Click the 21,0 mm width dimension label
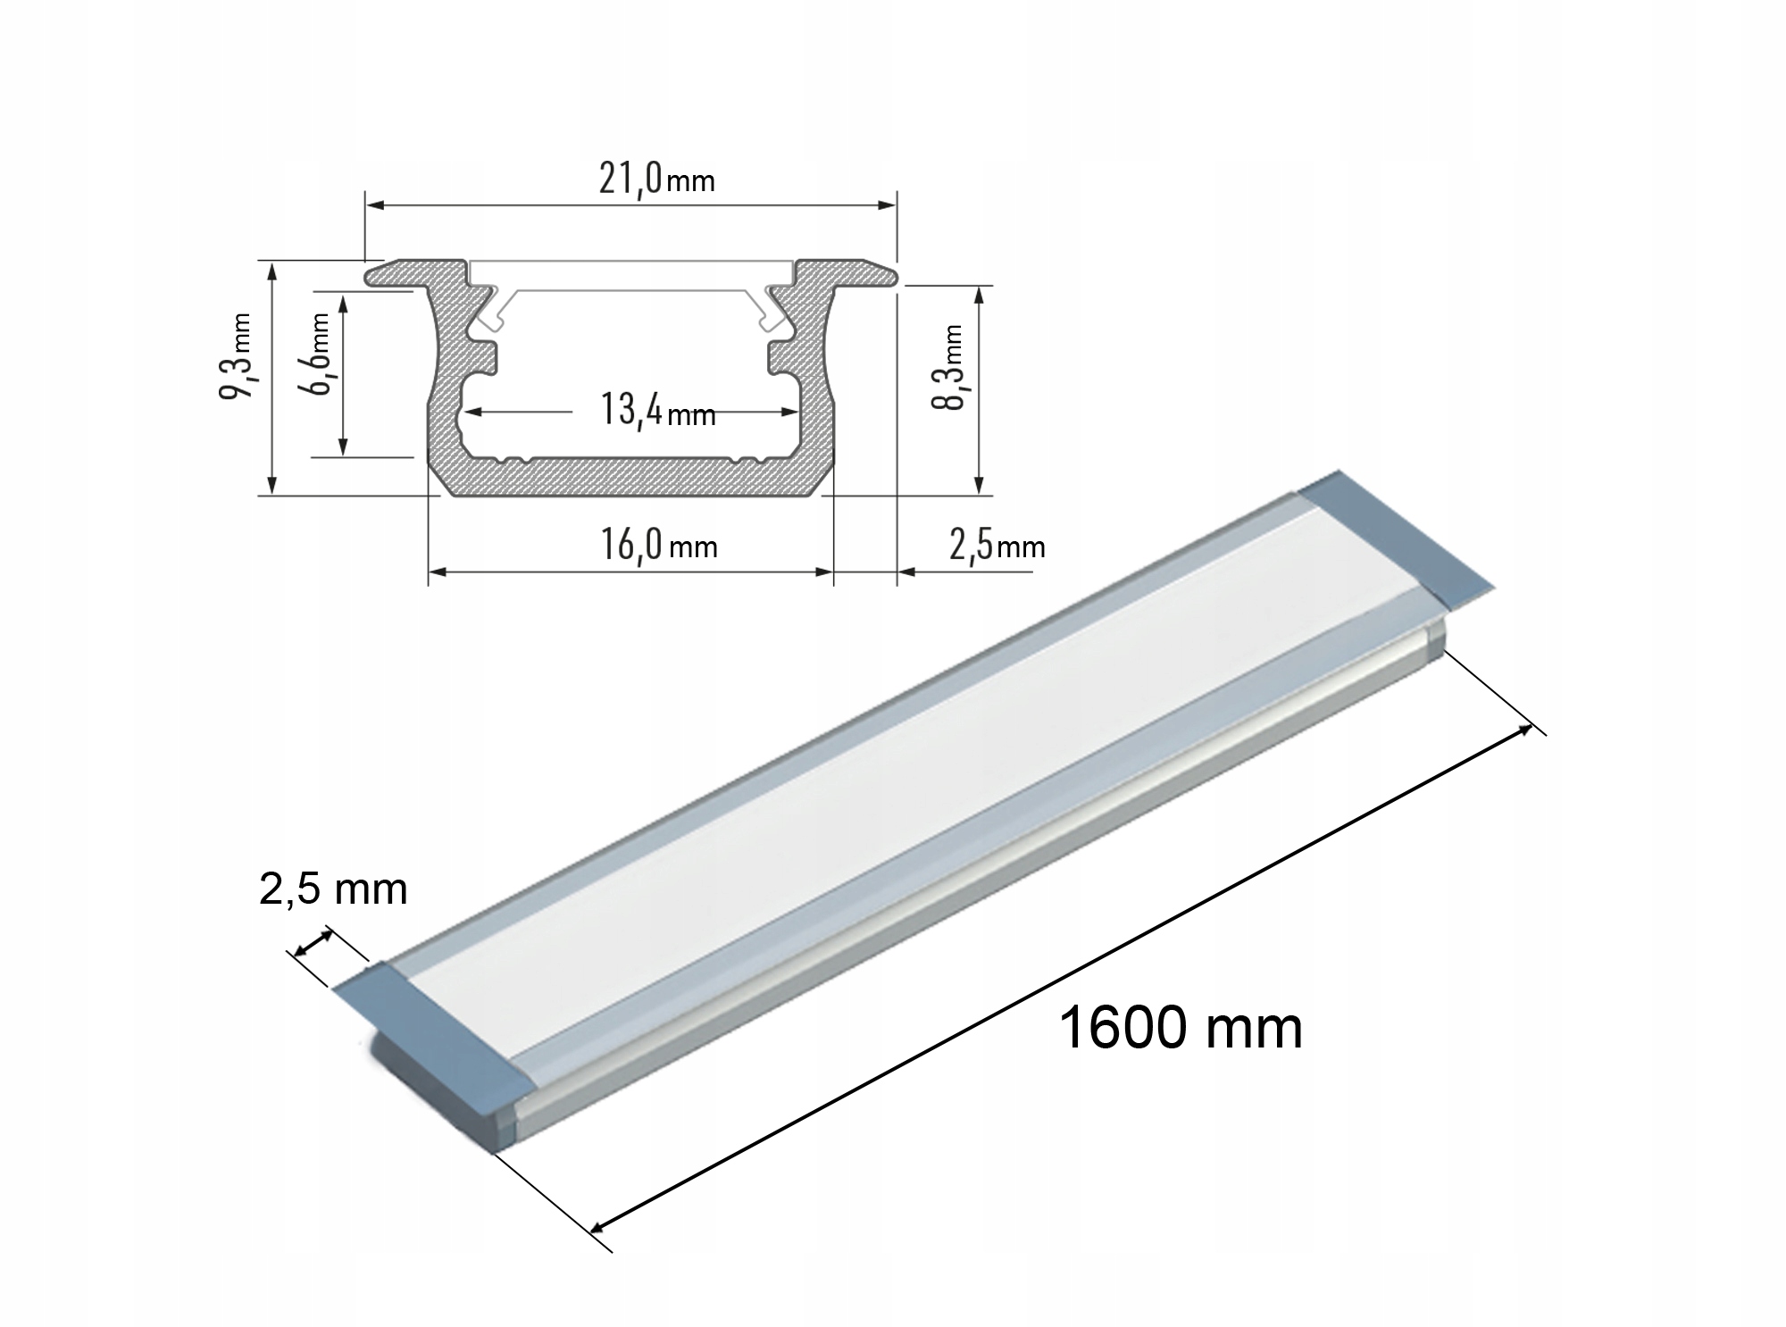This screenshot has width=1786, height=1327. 656,179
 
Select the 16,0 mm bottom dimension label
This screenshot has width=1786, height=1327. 658,545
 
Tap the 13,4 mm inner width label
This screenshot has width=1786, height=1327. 657,412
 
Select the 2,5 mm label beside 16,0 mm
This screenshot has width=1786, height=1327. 996,545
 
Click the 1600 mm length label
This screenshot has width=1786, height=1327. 1180,1028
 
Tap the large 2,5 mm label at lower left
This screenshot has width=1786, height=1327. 333,889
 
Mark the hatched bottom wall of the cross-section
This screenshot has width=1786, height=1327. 630,477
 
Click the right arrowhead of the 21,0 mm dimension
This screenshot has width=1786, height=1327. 889,205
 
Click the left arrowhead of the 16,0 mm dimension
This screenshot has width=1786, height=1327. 437,571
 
